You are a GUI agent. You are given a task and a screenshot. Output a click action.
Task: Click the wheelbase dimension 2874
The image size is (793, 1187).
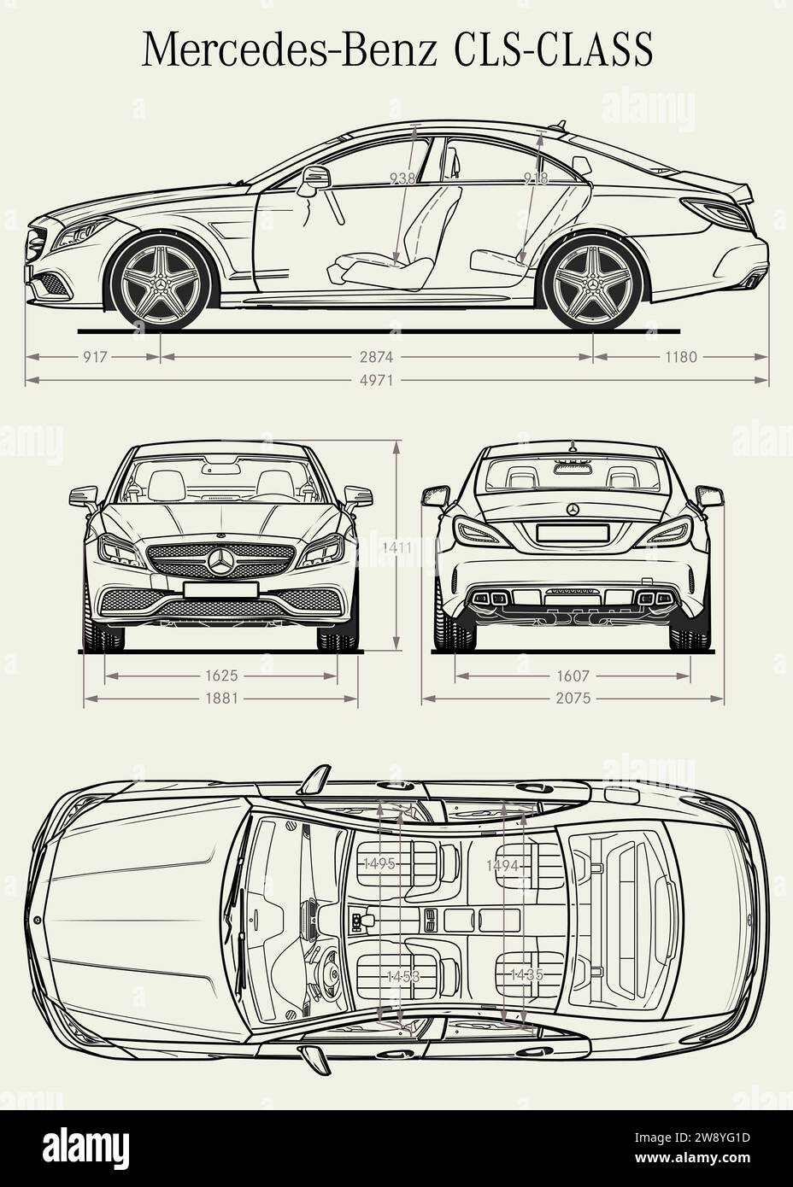pos(377,357)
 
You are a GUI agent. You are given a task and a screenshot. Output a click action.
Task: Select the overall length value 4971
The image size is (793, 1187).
pos(377,380)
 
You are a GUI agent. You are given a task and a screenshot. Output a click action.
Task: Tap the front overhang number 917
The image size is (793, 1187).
pos(95,357)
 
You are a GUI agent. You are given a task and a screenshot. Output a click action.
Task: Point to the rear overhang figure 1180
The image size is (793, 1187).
pos(680,357)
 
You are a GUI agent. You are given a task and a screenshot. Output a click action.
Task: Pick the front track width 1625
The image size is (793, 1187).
pos(221,675)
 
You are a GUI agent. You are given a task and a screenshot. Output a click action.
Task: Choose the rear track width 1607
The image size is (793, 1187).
pos(573,675)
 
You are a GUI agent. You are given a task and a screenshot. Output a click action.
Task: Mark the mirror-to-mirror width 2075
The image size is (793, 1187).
pos(573,699)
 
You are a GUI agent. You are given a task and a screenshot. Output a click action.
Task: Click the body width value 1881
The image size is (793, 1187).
pos(221,699)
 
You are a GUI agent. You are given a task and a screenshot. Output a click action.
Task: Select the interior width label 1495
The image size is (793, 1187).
pos(379,864)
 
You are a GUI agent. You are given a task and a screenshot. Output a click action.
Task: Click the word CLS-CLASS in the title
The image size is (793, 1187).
pos(553,50)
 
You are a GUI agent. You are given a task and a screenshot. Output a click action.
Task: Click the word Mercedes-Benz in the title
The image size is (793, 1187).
pos(290,50)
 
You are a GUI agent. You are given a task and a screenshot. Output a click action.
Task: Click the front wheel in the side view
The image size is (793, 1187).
pos(162,281)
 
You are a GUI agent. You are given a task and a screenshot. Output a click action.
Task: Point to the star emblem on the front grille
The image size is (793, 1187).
pos(221,561)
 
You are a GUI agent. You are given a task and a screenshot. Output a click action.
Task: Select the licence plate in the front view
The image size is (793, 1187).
pos(220,589)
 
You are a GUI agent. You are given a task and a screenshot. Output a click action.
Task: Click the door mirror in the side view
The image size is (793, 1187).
pos(314,180)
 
